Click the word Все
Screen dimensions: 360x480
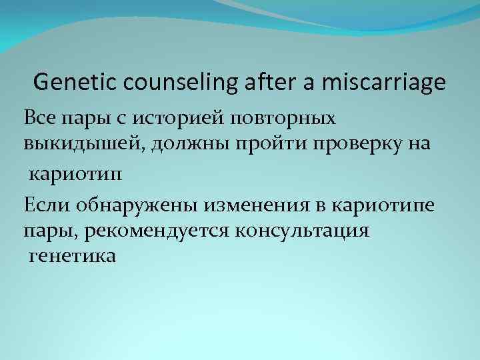pyautogui.click(x=39, y=118)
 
